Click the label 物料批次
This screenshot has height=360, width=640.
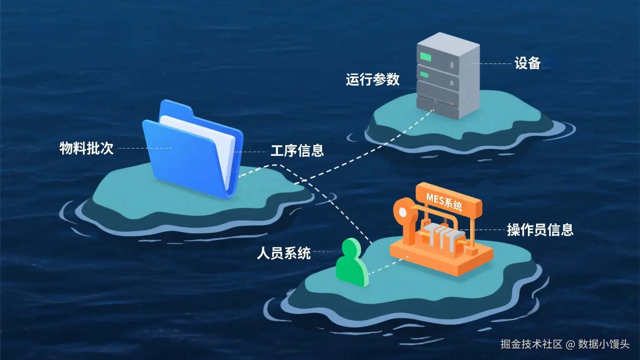86,148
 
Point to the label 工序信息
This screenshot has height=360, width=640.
297,150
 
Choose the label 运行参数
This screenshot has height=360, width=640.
372,79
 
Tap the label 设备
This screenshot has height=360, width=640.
527,63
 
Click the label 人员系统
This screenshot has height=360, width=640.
283,252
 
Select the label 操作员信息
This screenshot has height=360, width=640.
540,230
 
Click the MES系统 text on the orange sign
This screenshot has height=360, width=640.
444,202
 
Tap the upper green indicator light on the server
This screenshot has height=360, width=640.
426,56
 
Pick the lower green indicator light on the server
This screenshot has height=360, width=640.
425,75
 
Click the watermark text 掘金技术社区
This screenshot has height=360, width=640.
531,344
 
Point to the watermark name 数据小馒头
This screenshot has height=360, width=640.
604,344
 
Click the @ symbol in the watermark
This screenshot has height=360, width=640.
570,344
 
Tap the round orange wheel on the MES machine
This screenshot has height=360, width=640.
403,212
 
